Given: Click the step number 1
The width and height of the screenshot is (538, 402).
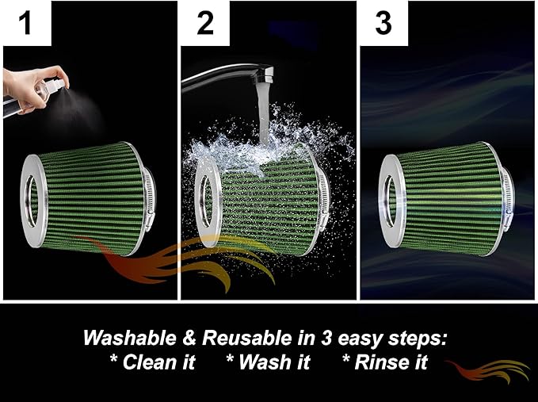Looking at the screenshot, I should point(26,22).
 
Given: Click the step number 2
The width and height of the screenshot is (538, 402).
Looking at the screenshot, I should point(205,22).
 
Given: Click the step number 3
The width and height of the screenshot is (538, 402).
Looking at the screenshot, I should point(383,22).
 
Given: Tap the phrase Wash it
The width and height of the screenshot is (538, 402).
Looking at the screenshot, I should point(262,363).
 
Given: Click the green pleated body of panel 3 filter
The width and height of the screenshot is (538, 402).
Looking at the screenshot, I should point(452,194).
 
